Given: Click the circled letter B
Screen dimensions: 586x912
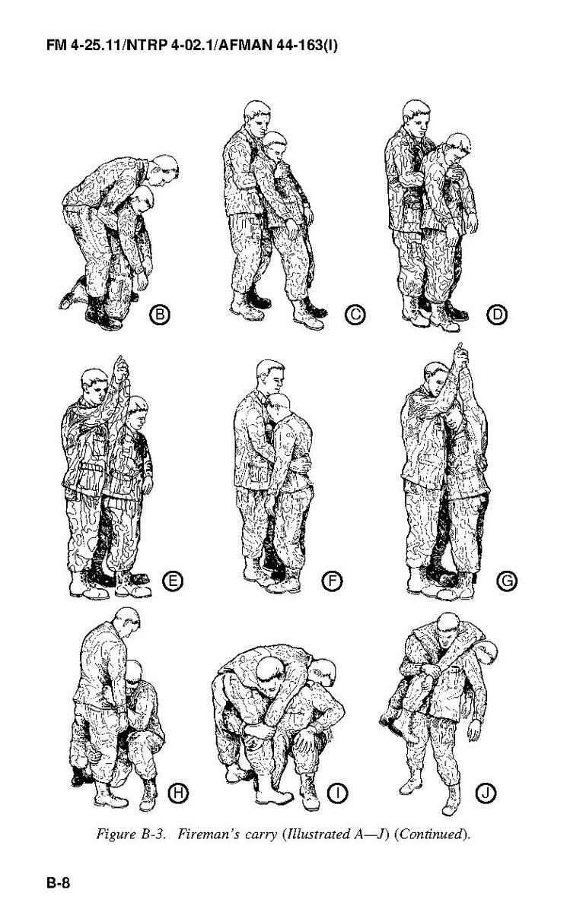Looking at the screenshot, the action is (x=160, y=315).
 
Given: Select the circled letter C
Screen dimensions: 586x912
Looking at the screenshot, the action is (x=355, y=315).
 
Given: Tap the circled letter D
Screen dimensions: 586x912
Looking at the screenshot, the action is (x=497, y=315).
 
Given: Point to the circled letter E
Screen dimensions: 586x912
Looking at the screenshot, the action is (x=173, y=581).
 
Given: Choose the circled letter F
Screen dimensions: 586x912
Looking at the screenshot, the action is (x=333, y=581).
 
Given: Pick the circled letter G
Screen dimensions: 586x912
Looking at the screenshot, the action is (x=507, y=581).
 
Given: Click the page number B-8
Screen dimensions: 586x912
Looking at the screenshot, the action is (x=59, y=881).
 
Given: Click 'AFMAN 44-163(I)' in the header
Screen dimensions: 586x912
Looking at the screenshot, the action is (x=279, y=45).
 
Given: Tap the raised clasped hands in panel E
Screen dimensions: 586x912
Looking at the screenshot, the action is (x=121, y=368).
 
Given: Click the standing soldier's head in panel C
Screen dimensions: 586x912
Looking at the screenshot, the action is (x=257, y=119).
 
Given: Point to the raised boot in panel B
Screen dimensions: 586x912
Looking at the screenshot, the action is (x=72, y=292).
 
